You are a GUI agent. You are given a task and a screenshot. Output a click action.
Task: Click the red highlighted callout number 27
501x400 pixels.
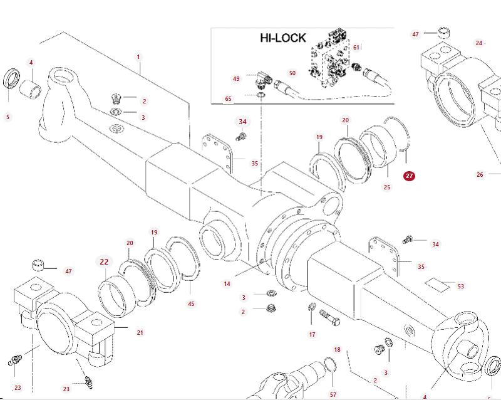409,176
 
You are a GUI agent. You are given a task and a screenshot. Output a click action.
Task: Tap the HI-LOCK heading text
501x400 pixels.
283,38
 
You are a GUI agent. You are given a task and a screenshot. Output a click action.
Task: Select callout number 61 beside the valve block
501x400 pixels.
356,48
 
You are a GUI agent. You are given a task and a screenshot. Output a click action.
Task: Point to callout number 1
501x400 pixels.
138,57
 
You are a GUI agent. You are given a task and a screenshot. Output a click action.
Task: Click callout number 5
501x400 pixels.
8,117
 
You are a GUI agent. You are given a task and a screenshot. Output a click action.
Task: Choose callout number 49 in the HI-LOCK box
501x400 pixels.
236,79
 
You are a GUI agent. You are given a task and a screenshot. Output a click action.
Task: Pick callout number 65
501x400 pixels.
228,99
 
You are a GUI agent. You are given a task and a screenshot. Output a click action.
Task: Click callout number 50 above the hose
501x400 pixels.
292,73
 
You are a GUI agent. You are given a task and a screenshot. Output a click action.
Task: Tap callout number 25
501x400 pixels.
387,187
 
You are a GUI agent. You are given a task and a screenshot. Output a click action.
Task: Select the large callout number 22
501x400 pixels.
104,262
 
